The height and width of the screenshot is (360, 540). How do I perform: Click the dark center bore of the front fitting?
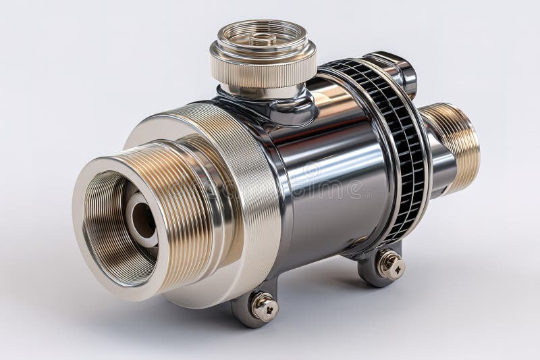point(142,220)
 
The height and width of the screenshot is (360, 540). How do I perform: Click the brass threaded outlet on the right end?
point(459,145)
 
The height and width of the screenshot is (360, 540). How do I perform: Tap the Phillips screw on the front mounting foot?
point(265,307)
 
